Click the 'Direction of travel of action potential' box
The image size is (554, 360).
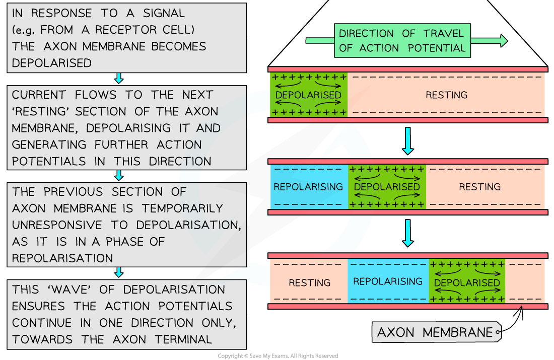tap(402, 41)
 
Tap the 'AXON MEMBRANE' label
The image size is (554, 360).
tap(435, 332)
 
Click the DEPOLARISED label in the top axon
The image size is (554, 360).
tap(308, 95)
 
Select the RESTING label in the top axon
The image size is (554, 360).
tap(446, 95)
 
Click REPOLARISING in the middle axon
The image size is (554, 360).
tap(308, 187)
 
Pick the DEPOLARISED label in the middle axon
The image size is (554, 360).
tap(387, 187)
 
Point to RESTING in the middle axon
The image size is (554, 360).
tap(479, 187)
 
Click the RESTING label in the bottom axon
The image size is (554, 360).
tap(309, 282)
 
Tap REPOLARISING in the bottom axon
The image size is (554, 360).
tap(388, 281)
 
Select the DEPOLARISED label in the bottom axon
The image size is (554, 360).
tap(467, 282)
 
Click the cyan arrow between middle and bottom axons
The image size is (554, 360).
tap(408, 234)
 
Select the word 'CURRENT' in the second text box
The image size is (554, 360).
tap(39, 95)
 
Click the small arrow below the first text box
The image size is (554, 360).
tap(119, 78)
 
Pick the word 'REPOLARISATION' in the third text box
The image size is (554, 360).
tap(62, 258)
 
